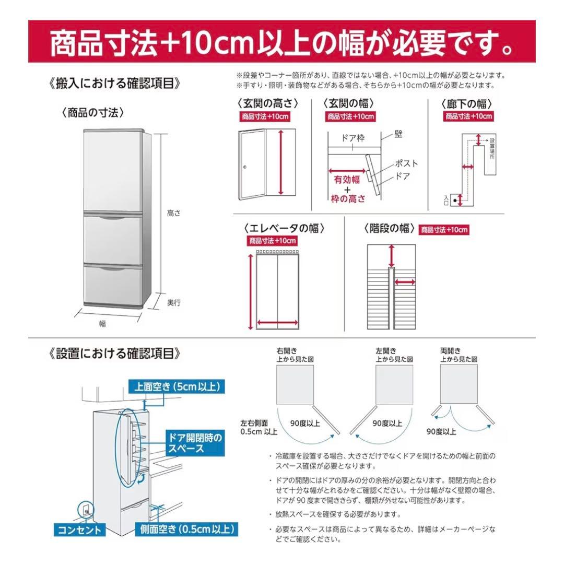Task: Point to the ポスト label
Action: (x=406, y=163)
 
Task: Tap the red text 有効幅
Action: (x=347, y=180)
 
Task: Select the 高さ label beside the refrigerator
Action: (x=174, y=213)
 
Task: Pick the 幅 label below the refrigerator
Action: (x=102, y=324)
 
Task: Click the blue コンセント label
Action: (x=79, y=530)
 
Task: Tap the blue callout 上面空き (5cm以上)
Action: (x=177, y=386)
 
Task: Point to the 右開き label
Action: (x=286, y=351)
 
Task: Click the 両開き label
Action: (x=450, y=351)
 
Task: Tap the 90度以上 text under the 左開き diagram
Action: (x=387, y=424)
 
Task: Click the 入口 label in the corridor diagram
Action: (x=446, y=199)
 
